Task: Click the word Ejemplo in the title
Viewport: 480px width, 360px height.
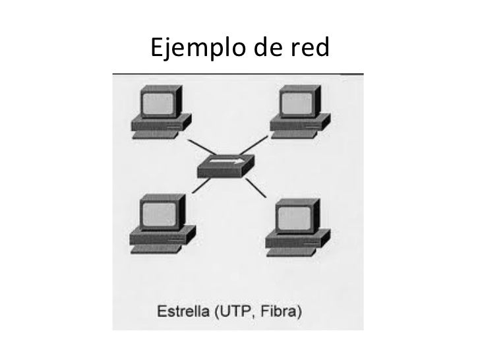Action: point(191,48)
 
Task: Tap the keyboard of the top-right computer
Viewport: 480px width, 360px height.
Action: point(296,133)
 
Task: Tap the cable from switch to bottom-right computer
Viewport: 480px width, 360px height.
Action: point(256,188)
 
